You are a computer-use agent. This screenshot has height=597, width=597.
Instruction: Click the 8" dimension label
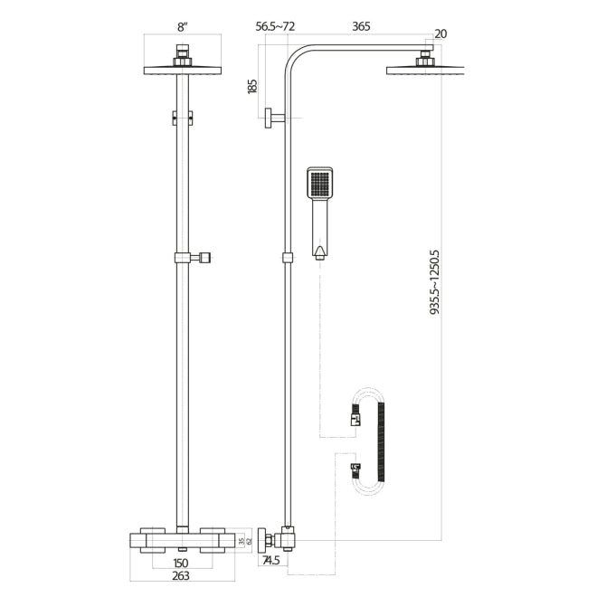(183, 28)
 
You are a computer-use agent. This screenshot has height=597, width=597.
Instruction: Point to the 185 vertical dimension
(252, 86)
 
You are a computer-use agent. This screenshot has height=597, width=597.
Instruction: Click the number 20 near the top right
(440, 34)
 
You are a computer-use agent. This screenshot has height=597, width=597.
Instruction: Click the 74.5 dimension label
(271, 561)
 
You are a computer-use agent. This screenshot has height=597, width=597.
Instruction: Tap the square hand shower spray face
(320, 185)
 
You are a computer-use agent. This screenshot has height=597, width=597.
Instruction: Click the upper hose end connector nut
(355, 418)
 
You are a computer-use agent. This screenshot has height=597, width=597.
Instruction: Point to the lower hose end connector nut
(355, 470)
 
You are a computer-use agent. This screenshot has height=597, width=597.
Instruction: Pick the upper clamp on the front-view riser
(183, 116)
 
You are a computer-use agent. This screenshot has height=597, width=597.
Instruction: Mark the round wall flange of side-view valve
(261, 539)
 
